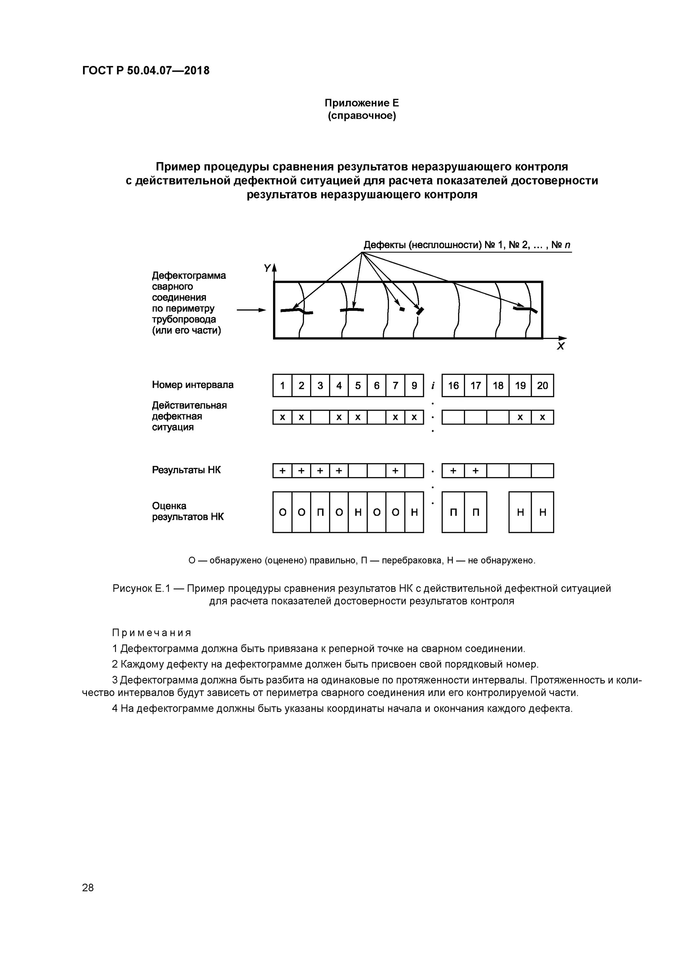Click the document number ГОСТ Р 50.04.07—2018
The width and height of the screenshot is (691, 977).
(146, 71)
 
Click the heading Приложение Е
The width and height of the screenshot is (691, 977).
(362, 103)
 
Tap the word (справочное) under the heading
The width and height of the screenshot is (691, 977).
(362, 116)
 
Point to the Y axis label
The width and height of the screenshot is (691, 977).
(267, 268)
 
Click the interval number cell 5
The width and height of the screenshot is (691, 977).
(358, 386)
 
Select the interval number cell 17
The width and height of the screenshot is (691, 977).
(476, 386)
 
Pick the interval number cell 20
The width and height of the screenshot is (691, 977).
(542, 386)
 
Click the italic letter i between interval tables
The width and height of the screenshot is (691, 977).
(433, 386)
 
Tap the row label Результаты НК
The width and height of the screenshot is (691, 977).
(186, 470)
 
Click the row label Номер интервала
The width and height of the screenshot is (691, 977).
(193, 385)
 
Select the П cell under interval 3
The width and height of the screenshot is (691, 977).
(320, 512)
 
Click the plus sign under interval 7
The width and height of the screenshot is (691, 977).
(395, 471)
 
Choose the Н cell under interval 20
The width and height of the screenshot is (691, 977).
(542, 512)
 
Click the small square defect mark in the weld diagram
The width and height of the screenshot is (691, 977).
(401, 309)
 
